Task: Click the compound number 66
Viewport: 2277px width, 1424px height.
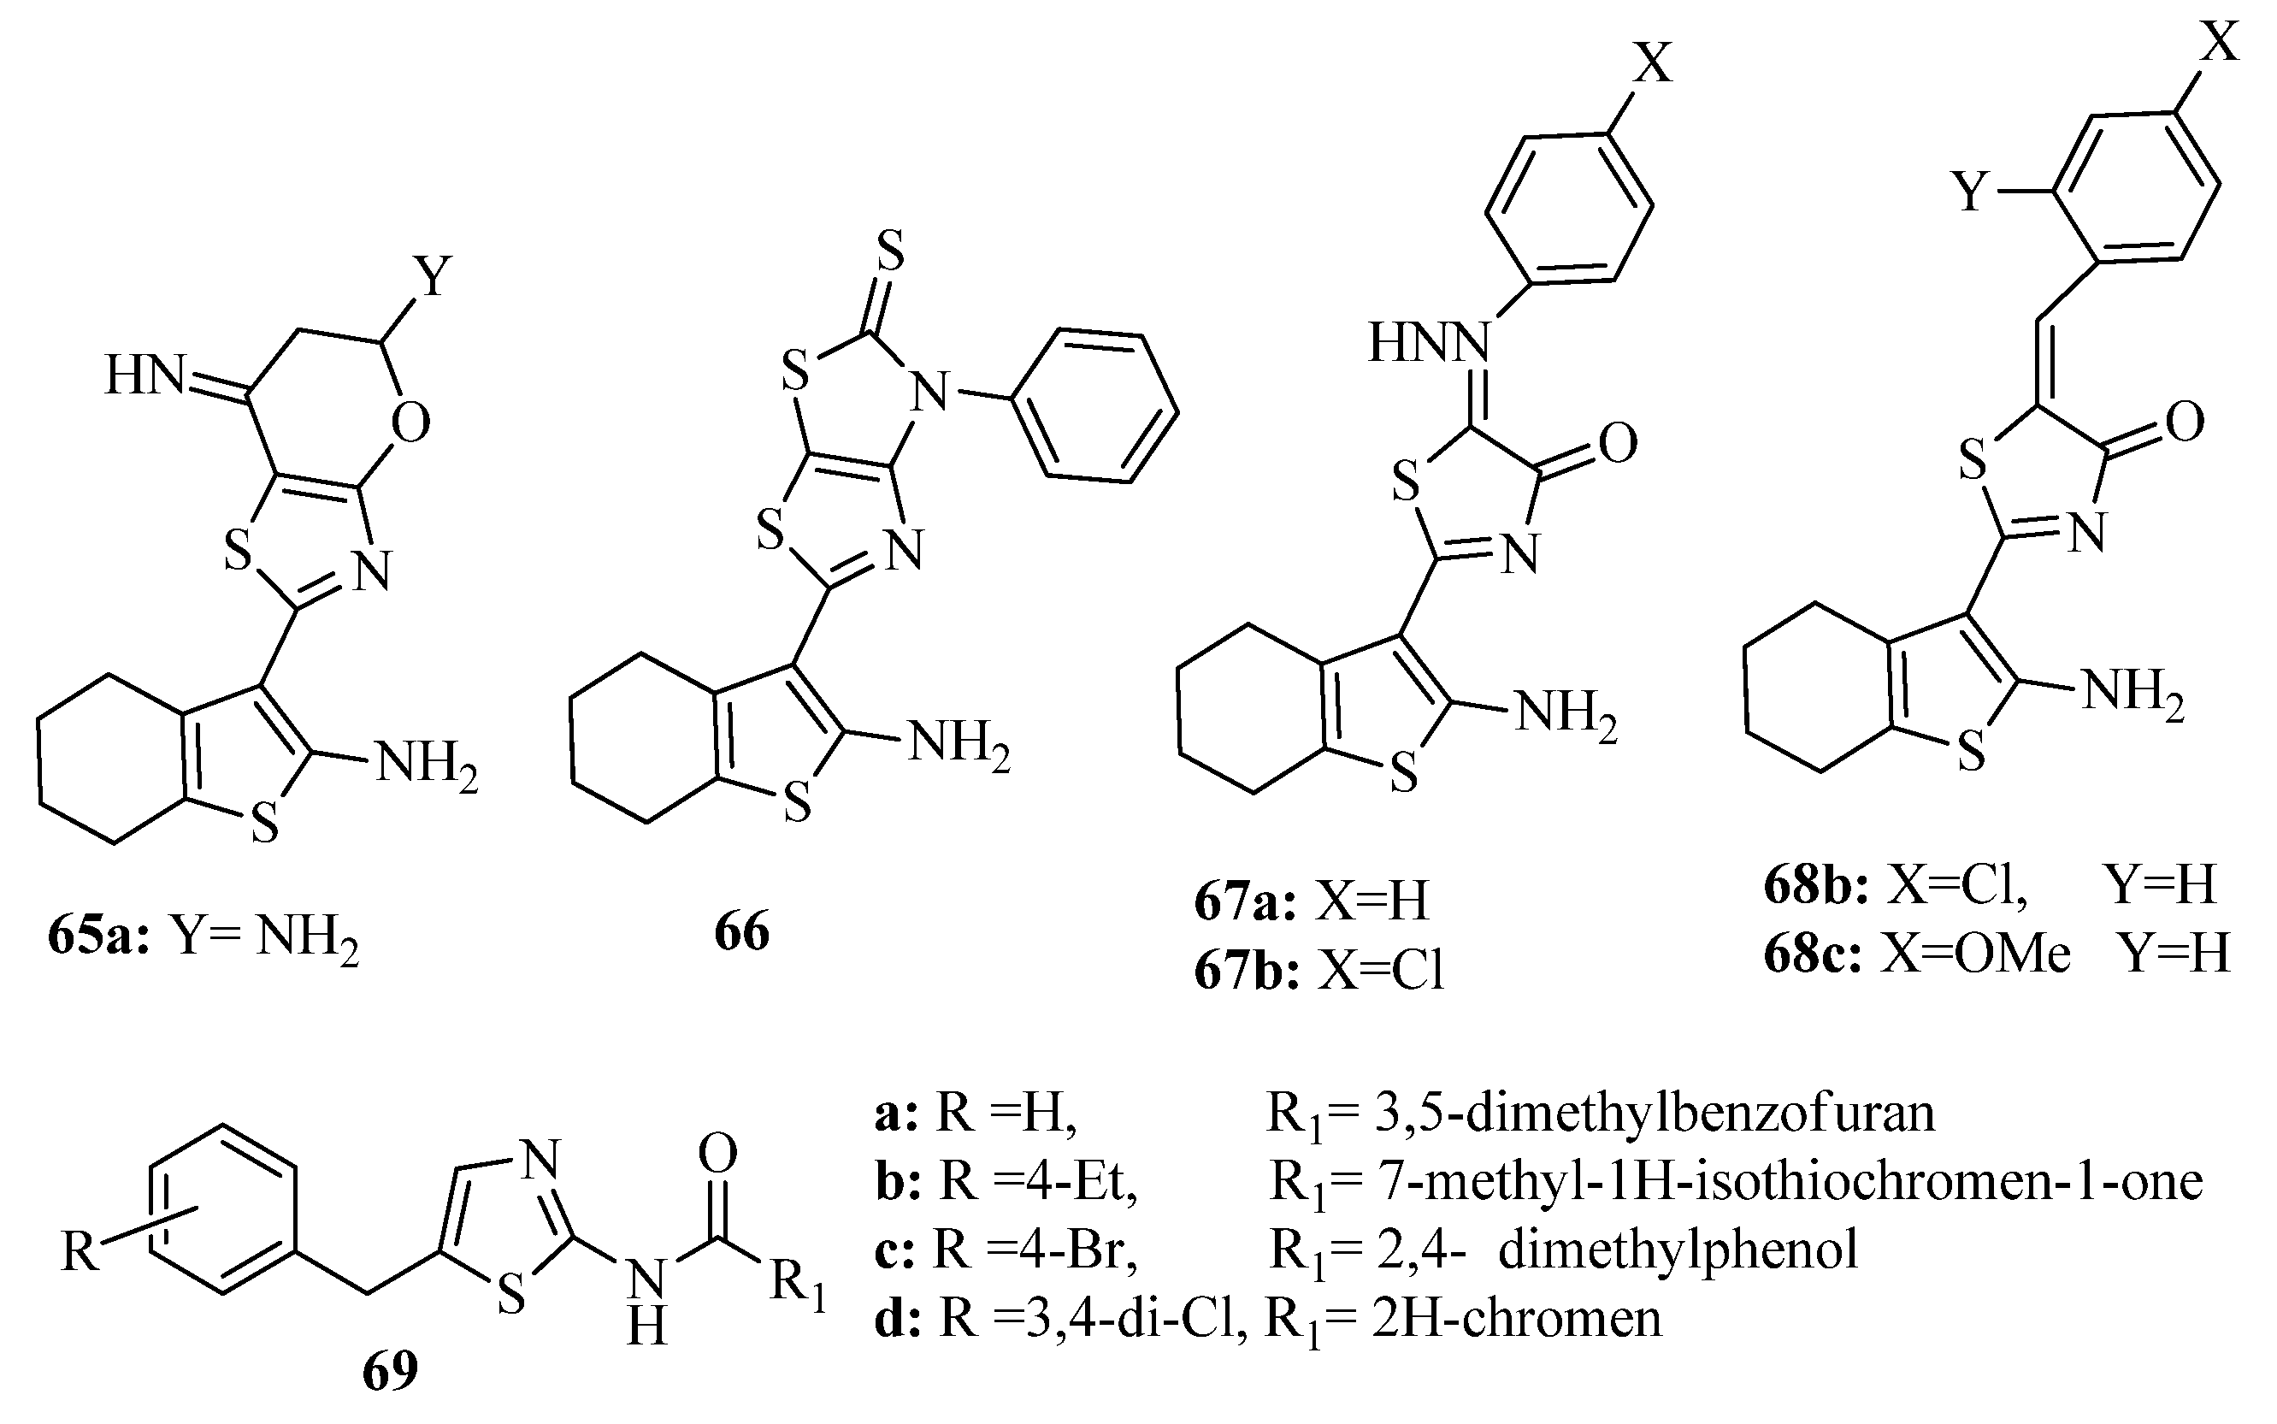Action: pyautogui.click(x=741, y=931)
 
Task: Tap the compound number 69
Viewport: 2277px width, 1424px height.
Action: pyautogui.click(x=390, y=1371)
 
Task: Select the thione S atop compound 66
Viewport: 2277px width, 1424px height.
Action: pyautogui.click(x=888, y=251)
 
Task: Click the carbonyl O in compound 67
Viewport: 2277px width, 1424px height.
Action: pyautogui.click(x=1617, y=444)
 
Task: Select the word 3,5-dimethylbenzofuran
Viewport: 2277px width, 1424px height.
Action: pyautogui.click(x=1654, y=1113)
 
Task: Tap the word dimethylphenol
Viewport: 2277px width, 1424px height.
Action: pyautogui.click(x=1678, y=1250)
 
